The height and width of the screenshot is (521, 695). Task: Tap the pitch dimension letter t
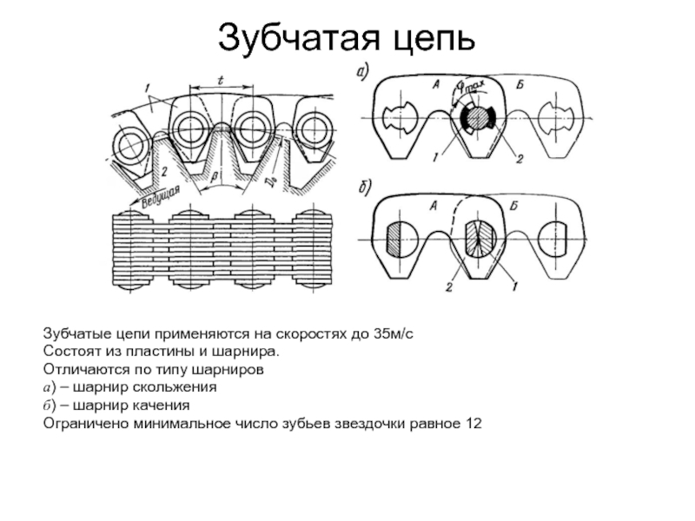(x=221, y=80)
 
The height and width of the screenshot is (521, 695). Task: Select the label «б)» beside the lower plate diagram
(x=366, y=186)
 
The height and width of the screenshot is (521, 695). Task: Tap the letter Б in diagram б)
(x=516, y=205)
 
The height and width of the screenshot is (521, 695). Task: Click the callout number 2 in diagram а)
(x=519, y=158)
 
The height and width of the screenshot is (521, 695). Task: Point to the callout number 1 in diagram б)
(x=516, y=285)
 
